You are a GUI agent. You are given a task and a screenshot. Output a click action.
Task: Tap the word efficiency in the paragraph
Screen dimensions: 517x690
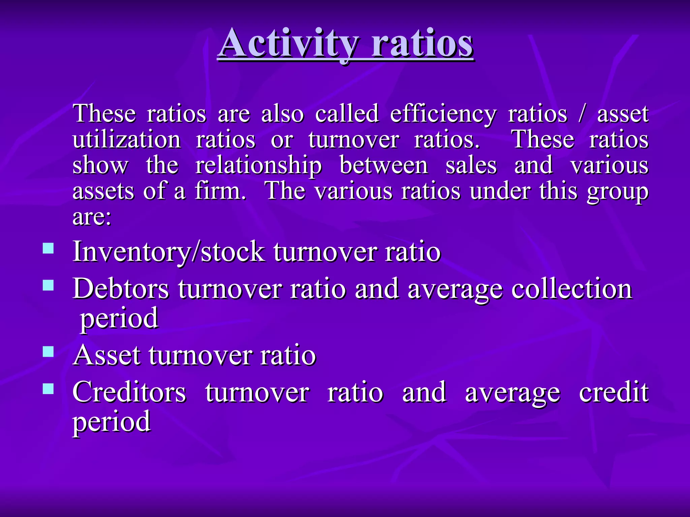point(443,114)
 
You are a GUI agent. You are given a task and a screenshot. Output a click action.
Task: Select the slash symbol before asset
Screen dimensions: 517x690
point(582,114)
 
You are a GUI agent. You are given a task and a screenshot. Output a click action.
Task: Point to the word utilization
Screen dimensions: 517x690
point(127,139)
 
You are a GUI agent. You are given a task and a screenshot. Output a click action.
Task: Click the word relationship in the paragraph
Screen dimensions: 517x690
point(258,166)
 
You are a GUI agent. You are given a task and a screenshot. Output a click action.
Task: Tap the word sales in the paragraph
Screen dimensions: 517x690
point(471,166)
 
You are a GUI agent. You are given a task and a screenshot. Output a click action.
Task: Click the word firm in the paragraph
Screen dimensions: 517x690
point(219,191)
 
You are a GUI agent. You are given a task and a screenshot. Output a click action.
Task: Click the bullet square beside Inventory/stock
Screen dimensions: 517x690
point(49,248)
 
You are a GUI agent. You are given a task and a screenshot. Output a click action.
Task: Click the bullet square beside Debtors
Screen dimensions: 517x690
point(49,285)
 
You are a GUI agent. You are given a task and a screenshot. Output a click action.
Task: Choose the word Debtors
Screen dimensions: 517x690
point(121,289)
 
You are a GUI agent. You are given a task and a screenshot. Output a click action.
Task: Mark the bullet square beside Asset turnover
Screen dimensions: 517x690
point(49,352)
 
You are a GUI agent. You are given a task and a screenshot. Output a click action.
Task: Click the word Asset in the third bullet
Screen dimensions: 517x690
point(106,355)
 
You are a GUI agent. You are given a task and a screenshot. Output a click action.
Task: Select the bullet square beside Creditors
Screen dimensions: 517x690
point(49,389)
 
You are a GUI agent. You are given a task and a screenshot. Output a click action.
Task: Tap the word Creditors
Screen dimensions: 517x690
point(129,392)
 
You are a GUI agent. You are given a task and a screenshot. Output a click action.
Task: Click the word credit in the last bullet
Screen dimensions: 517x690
point(614,392)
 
